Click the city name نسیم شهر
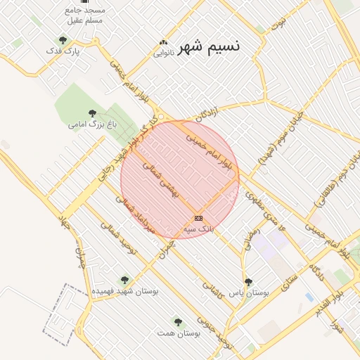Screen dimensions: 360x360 [209, 46]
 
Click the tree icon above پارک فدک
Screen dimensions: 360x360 [63, 40]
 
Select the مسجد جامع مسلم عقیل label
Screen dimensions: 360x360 [84, 15]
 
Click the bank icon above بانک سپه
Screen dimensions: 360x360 [198, 218]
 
